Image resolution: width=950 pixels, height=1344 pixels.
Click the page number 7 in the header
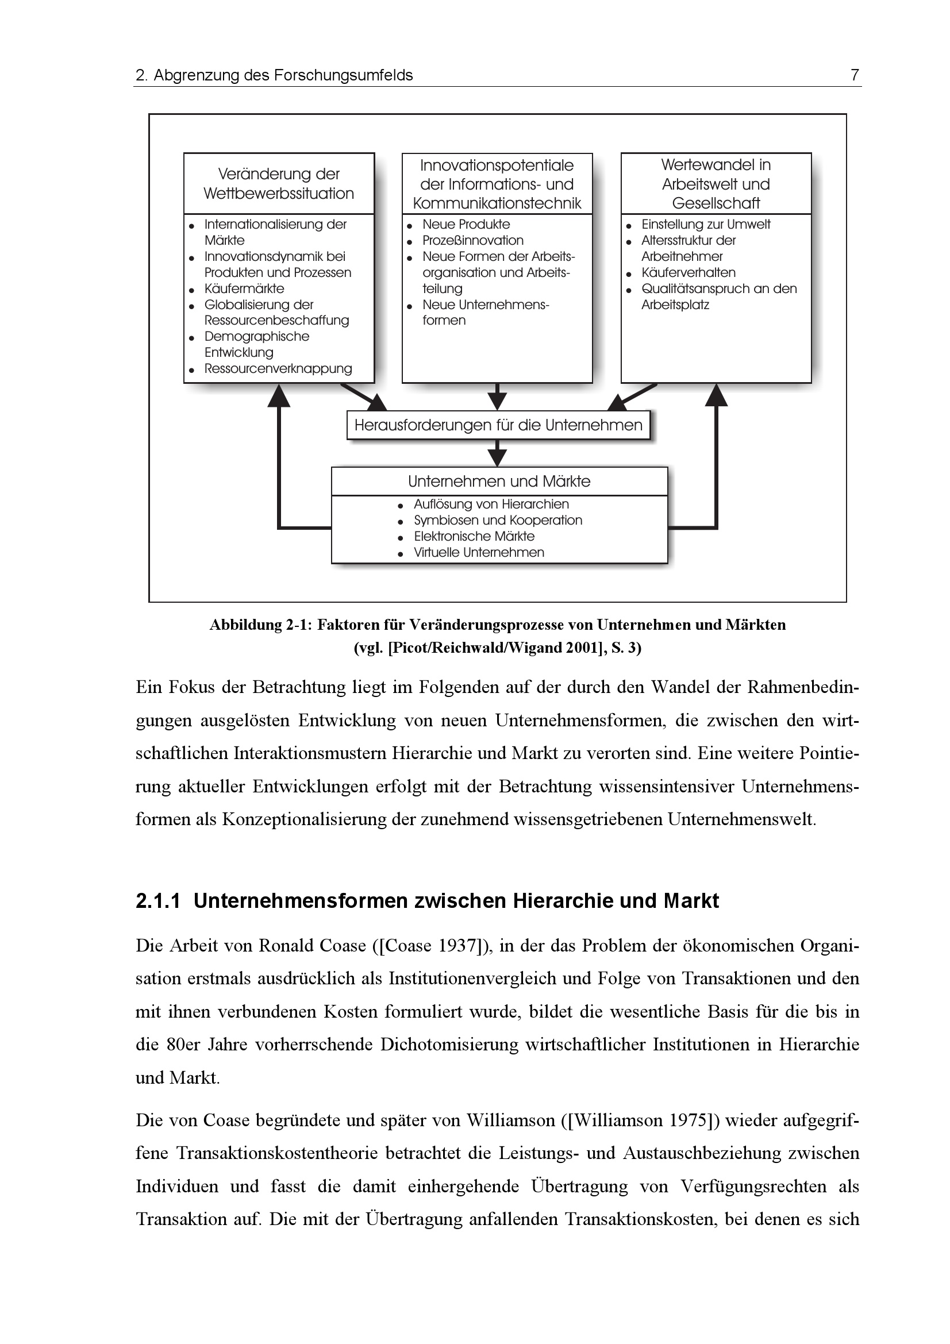pyautogui.click(x=854, y=75)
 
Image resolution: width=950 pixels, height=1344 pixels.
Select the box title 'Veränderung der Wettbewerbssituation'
pyautogui.click(x=279, y=184)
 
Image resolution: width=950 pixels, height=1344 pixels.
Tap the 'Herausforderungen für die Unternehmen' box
pyautogui.click(x=498, y=425)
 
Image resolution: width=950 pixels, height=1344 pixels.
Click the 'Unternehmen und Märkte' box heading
pyautogui.click(x=499, y=481)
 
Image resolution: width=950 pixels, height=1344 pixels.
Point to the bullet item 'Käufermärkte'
pyautogui.click(x=244, y=288)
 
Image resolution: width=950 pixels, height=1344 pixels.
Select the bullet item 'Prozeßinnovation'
pyautogui.click(x=472, y=241)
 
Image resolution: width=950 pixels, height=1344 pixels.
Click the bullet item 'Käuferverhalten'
pyautogui.click(x=688, y=273)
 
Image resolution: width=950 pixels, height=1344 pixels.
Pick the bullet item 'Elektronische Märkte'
pyautogui.click(x=474, y=536)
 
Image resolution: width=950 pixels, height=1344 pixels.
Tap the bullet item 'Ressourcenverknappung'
pyautogui.click(x=278, y=369)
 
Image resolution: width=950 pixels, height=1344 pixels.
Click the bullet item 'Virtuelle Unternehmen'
pyautogui.click(x=479, y=553)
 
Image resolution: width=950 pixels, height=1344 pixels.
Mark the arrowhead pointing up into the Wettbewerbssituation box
pyautogui.click(x=279, y=396)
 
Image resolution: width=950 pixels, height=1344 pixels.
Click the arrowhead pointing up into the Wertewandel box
pyautogui.click(x=716, y=396)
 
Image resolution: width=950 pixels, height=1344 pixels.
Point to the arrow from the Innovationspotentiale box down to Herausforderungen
pyautogui.click(x=497, y=398)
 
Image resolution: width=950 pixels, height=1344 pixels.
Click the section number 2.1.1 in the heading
pyautogui.click(x=158, y=901)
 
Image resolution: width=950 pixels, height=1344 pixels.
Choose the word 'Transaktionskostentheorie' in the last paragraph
pyautogui.click(x=278, y=1153)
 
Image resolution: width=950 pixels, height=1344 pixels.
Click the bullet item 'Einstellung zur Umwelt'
pyautogui.click(x=705, y=225)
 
